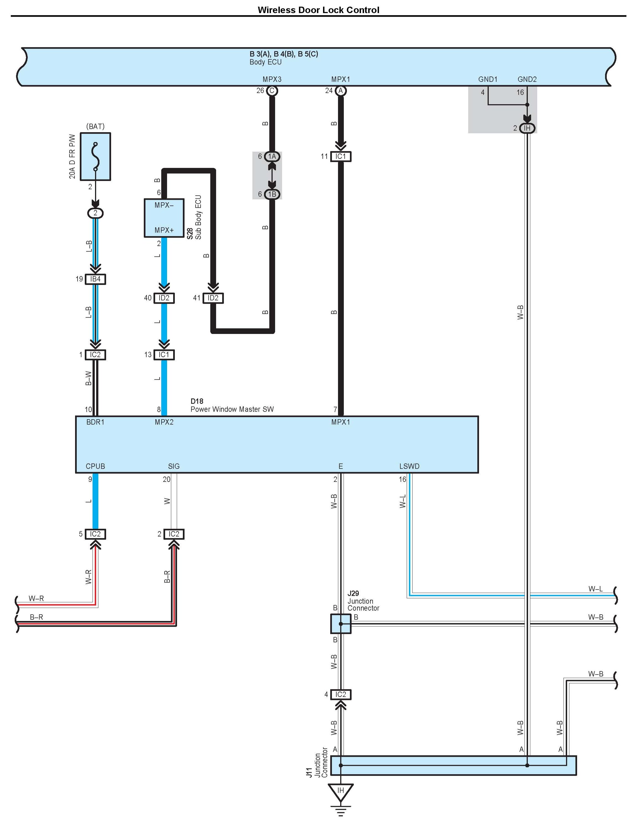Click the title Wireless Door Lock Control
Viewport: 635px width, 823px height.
pos(318,10)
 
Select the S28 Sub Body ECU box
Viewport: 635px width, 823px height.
pos(164,218)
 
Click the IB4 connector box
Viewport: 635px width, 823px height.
pos(95,279)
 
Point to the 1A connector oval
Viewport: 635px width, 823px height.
pos(272,156)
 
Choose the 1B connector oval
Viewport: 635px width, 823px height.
pos(272,194)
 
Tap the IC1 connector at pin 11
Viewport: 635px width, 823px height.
pos(341,156)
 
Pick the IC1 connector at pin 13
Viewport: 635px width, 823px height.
pos(164,355)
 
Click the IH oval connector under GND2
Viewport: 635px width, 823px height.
pos(527,128)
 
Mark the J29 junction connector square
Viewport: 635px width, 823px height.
pos(341,624)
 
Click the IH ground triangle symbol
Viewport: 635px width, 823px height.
pos(341,791)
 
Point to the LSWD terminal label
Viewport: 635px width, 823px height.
pos(409,466)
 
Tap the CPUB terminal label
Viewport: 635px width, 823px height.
pos(95,466)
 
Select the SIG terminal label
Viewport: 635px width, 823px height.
pos(174,466)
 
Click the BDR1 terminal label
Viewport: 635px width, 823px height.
pos(95,422)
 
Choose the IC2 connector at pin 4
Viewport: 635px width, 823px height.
pos(341,694)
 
